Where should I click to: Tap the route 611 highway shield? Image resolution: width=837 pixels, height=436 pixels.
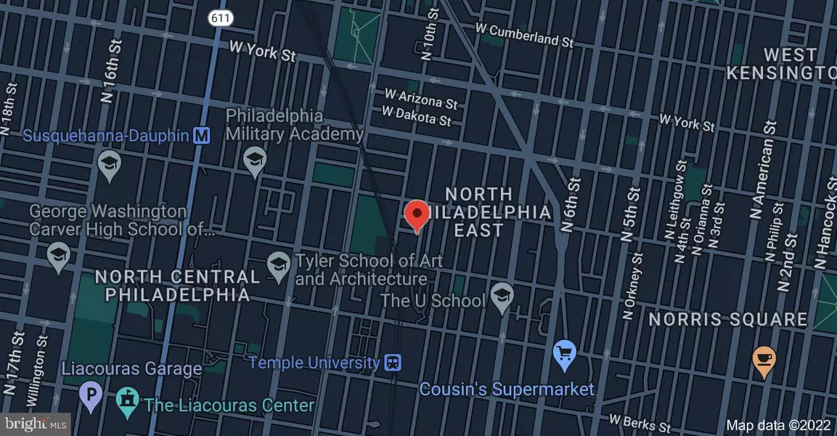[219, 17]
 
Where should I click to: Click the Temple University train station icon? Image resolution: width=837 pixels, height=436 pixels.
[393, 362]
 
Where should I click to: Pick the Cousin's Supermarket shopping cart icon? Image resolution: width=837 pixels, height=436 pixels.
[565, 354]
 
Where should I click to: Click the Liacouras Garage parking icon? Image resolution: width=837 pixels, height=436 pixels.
[91, 397]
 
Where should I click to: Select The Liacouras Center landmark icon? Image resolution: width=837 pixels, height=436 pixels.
[127, 401]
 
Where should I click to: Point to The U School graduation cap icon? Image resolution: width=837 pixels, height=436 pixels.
[500, 294]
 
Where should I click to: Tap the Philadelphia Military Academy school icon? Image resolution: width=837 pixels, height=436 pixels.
[254, 161]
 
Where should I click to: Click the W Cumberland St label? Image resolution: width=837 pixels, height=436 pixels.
[524, 35]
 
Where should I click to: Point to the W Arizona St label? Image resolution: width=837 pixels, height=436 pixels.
[422, 100]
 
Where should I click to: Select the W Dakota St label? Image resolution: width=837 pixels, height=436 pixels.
[417, 116]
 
